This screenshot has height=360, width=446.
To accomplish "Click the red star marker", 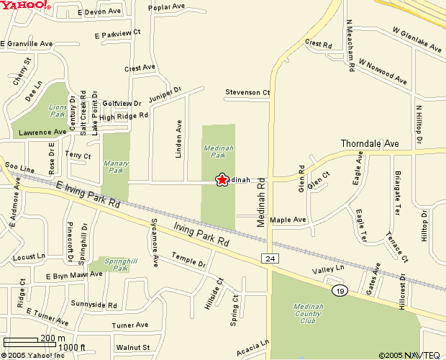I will tap(222, 179).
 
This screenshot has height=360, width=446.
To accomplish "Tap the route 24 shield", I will tap(269, 258).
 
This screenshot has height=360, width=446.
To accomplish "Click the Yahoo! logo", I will tap(25, 6).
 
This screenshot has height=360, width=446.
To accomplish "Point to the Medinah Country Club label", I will tap(309, 315).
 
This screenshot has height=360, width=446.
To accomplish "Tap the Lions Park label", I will tap(58, 110).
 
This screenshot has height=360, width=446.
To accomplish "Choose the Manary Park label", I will tap(116, 167).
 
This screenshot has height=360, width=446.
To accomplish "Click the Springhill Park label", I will tap(116, 264).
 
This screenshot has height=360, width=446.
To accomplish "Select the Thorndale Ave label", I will tap(369, 143).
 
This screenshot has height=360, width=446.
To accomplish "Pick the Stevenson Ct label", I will tap(247, 93).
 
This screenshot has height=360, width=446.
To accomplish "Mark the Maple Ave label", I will tap(288, 219).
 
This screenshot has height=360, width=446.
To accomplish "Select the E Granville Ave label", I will tap(27, 44).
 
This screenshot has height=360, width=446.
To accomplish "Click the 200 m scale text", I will tap(53, 338).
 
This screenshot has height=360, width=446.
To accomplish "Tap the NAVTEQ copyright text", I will tap(409, 354).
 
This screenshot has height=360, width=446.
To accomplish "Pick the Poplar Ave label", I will tap(166, 8).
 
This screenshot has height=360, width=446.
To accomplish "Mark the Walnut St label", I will tap(132, 347).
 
